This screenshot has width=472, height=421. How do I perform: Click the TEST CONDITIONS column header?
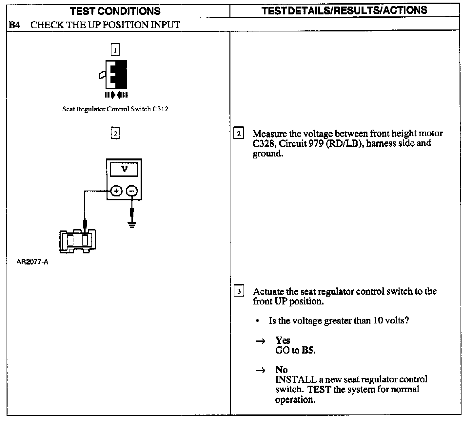(x=115, y=11)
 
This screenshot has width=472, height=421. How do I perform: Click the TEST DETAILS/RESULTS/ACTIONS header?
(x=344, y=10)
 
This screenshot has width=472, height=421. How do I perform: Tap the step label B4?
(x=14, y=25)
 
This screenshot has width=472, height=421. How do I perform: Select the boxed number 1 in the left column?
(x=115, y=50)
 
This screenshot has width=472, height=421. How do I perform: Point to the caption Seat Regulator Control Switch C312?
(x=115, y=109)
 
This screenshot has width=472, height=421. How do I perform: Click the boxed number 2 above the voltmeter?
(x=115, y=134)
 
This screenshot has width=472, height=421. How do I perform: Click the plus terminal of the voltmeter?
(x=116, y=191)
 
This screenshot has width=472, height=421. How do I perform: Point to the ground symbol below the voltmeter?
(x=132, y=224)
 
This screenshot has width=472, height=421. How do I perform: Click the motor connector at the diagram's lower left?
(x=78, y=241)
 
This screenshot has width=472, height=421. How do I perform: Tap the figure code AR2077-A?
(x=32, y=262)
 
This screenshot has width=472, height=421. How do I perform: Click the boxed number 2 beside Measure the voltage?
(x=238, y=134)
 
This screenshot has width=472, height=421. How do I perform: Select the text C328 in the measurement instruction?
(x=263, y=143)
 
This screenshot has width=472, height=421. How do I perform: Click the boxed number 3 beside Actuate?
(x=239, y=291)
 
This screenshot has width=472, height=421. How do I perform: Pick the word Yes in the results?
(x=283, y=340)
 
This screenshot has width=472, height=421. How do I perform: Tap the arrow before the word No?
(x=260, y=371)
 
